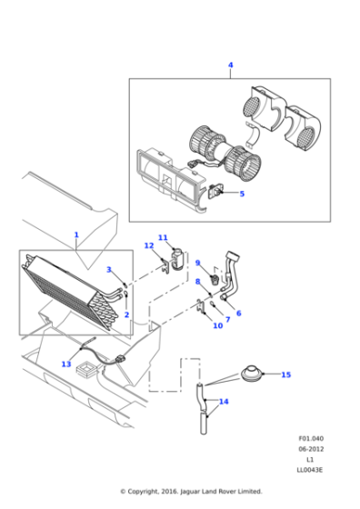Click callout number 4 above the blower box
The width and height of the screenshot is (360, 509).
click(230, 65)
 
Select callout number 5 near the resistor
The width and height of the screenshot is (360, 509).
click(242, 193)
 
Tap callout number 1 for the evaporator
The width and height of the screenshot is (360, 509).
click(76, 235)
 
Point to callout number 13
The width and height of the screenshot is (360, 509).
click(66, 364)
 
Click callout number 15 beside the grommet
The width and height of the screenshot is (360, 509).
click(285, 374)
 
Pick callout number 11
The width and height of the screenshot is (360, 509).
click(163, 238)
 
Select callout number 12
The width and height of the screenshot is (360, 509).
click(149, 246)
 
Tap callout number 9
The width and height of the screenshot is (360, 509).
click(197, 264)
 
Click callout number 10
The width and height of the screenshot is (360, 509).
click(217, 325)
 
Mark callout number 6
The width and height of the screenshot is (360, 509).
click(238, 314)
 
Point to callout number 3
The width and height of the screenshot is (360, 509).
click(108, 270)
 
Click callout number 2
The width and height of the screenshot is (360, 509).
click(126, 314)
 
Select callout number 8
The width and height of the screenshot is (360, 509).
click(197, 282)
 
